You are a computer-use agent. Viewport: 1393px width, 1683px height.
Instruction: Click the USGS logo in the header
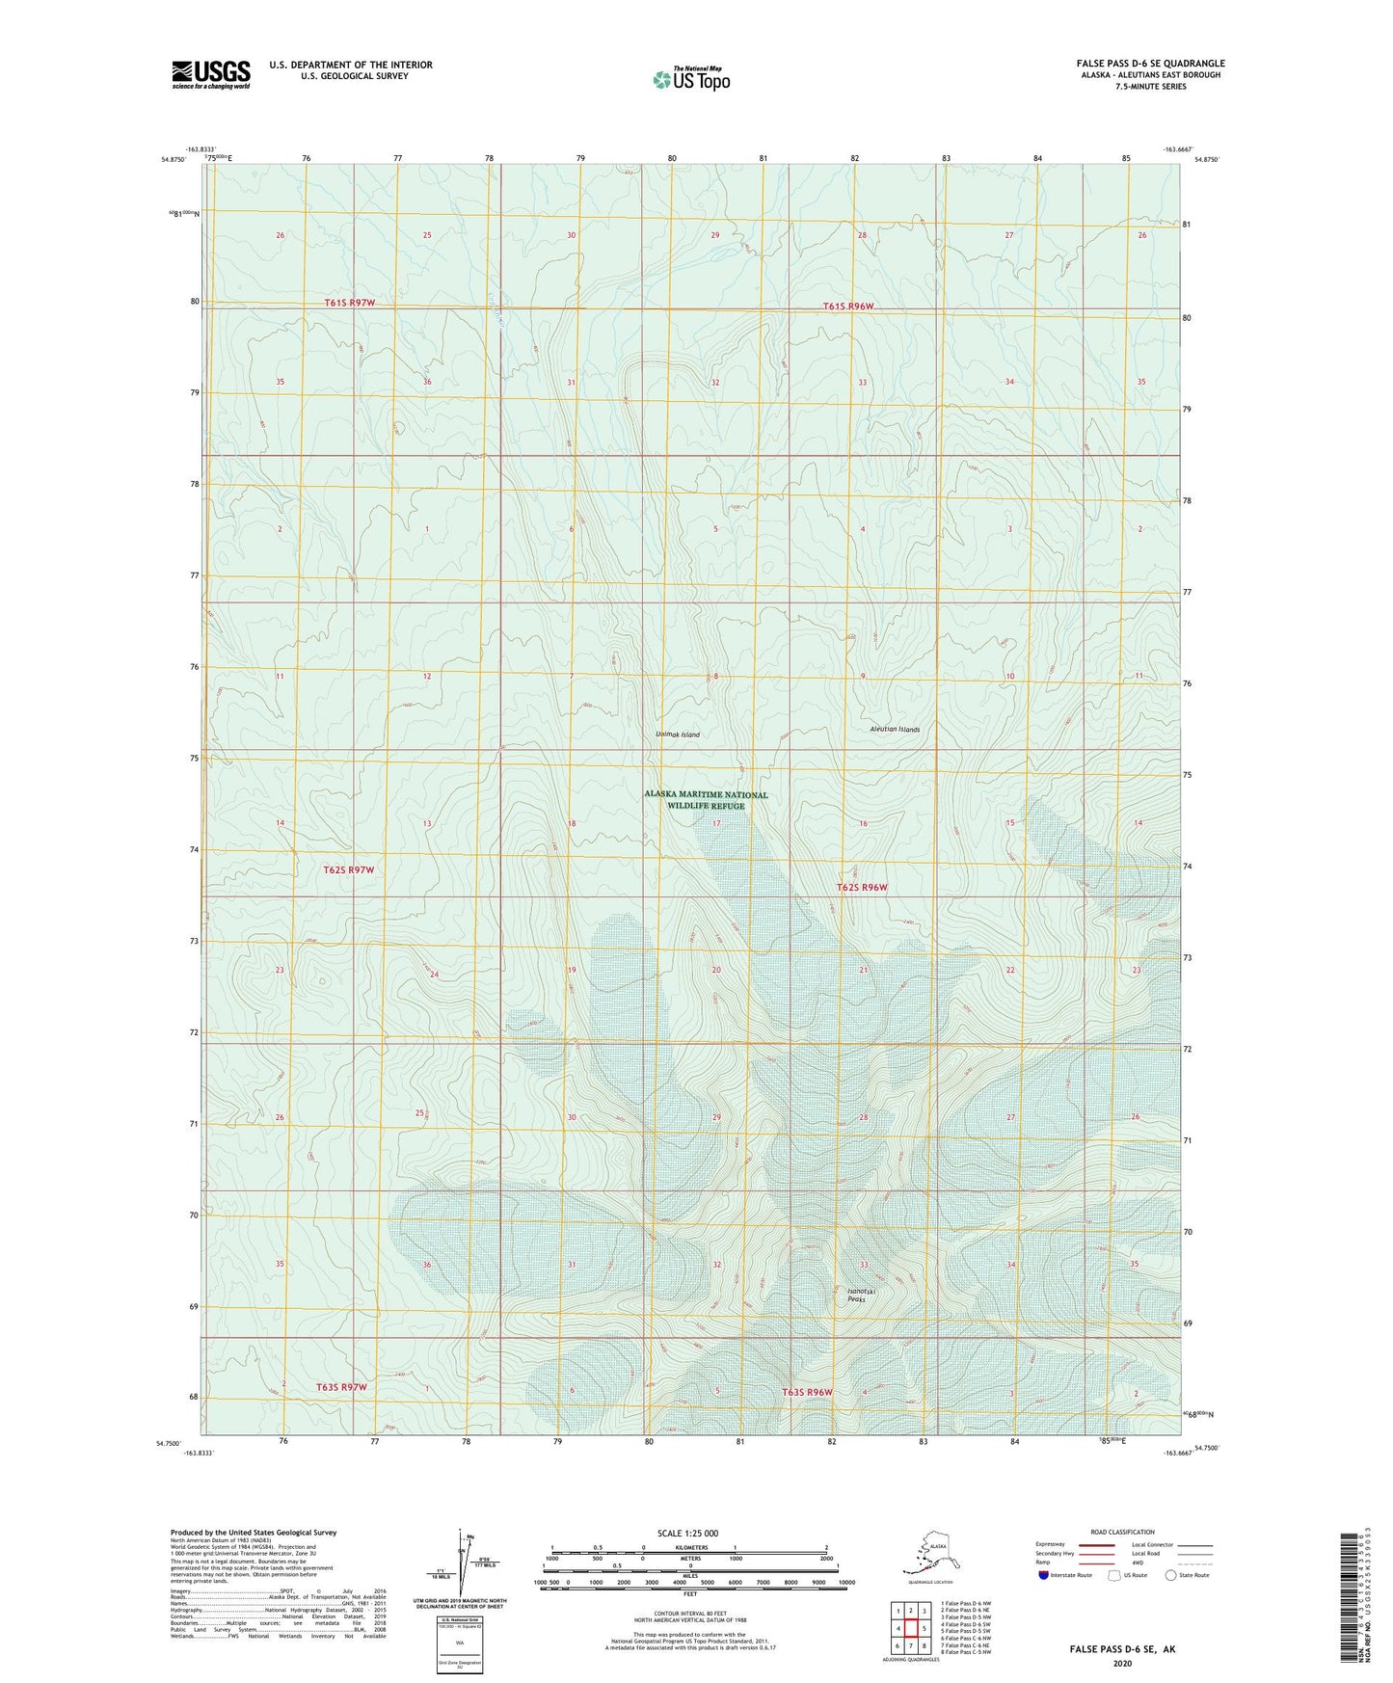coord(210,74)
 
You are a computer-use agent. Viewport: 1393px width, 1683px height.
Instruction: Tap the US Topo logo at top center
coord(691,79)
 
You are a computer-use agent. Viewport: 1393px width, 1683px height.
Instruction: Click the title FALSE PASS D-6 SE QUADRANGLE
coord(1150,64)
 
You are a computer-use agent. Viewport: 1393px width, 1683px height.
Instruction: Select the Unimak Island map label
coord(677,735)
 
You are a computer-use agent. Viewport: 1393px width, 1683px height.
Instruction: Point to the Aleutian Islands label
coord(894,730)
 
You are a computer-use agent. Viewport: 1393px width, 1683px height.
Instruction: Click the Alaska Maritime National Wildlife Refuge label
coord(706,800)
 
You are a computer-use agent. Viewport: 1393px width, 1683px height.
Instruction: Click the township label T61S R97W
coord(348,303)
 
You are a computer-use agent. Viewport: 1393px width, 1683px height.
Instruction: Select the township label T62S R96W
coord(861,887)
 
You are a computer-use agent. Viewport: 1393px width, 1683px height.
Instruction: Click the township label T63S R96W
coord(806,1392)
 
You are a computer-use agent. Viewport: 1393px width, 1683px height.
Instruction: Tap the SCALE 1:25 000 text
coord(688,1533)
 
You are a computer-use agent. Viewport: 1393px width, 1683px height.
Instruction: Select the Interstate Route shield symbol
coord(1043,1575)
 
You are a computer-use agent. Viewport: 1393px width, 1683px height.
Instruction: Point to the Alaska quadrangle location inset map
coord(929,1555)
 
